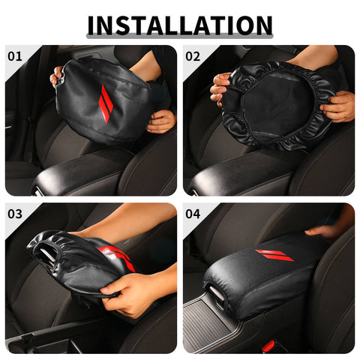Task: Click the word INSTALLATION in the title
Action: pos(180,25)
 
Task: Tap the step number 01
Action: pos(15,55)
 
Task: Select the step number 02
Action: pos(193,55)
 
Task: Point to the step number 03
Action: pos(15,214)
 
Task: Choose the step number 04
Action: pos(193,214)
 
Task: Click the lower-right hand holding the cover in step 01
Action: pos(160,120)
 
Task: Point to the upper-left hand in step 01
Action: pos(56,76)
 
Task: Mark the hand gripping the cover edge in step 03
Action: pos(131,292)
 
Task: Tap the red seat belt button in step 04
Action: pos(268,346)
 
